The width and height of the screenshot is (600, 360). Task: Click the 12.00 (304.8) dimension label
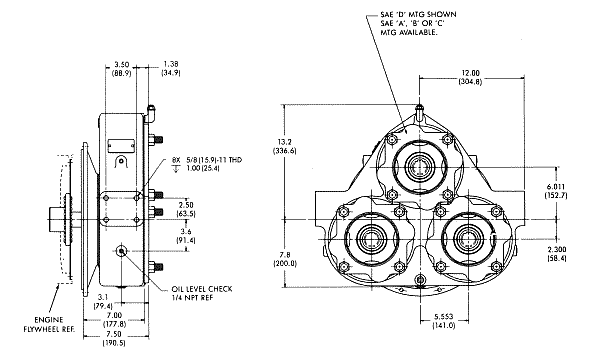[x=470, y=77]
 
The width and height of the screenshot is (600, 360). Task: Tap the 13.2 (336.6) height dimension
[x=284, y=147]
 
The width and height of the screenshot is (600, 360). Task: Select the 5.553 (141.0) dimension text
[x=444, y=321]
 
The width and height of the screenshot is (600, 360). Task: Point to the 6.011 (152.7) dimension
[x=556, y=191]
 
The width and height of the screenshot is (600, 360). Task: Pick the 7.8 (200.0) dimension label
[x=285, y=259]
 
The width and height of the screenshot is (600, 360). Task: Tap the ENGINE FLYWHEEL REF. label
[x=49, y=324]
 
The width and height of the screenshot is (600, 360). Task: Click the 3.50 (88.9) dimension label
[x=121, y=68]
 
